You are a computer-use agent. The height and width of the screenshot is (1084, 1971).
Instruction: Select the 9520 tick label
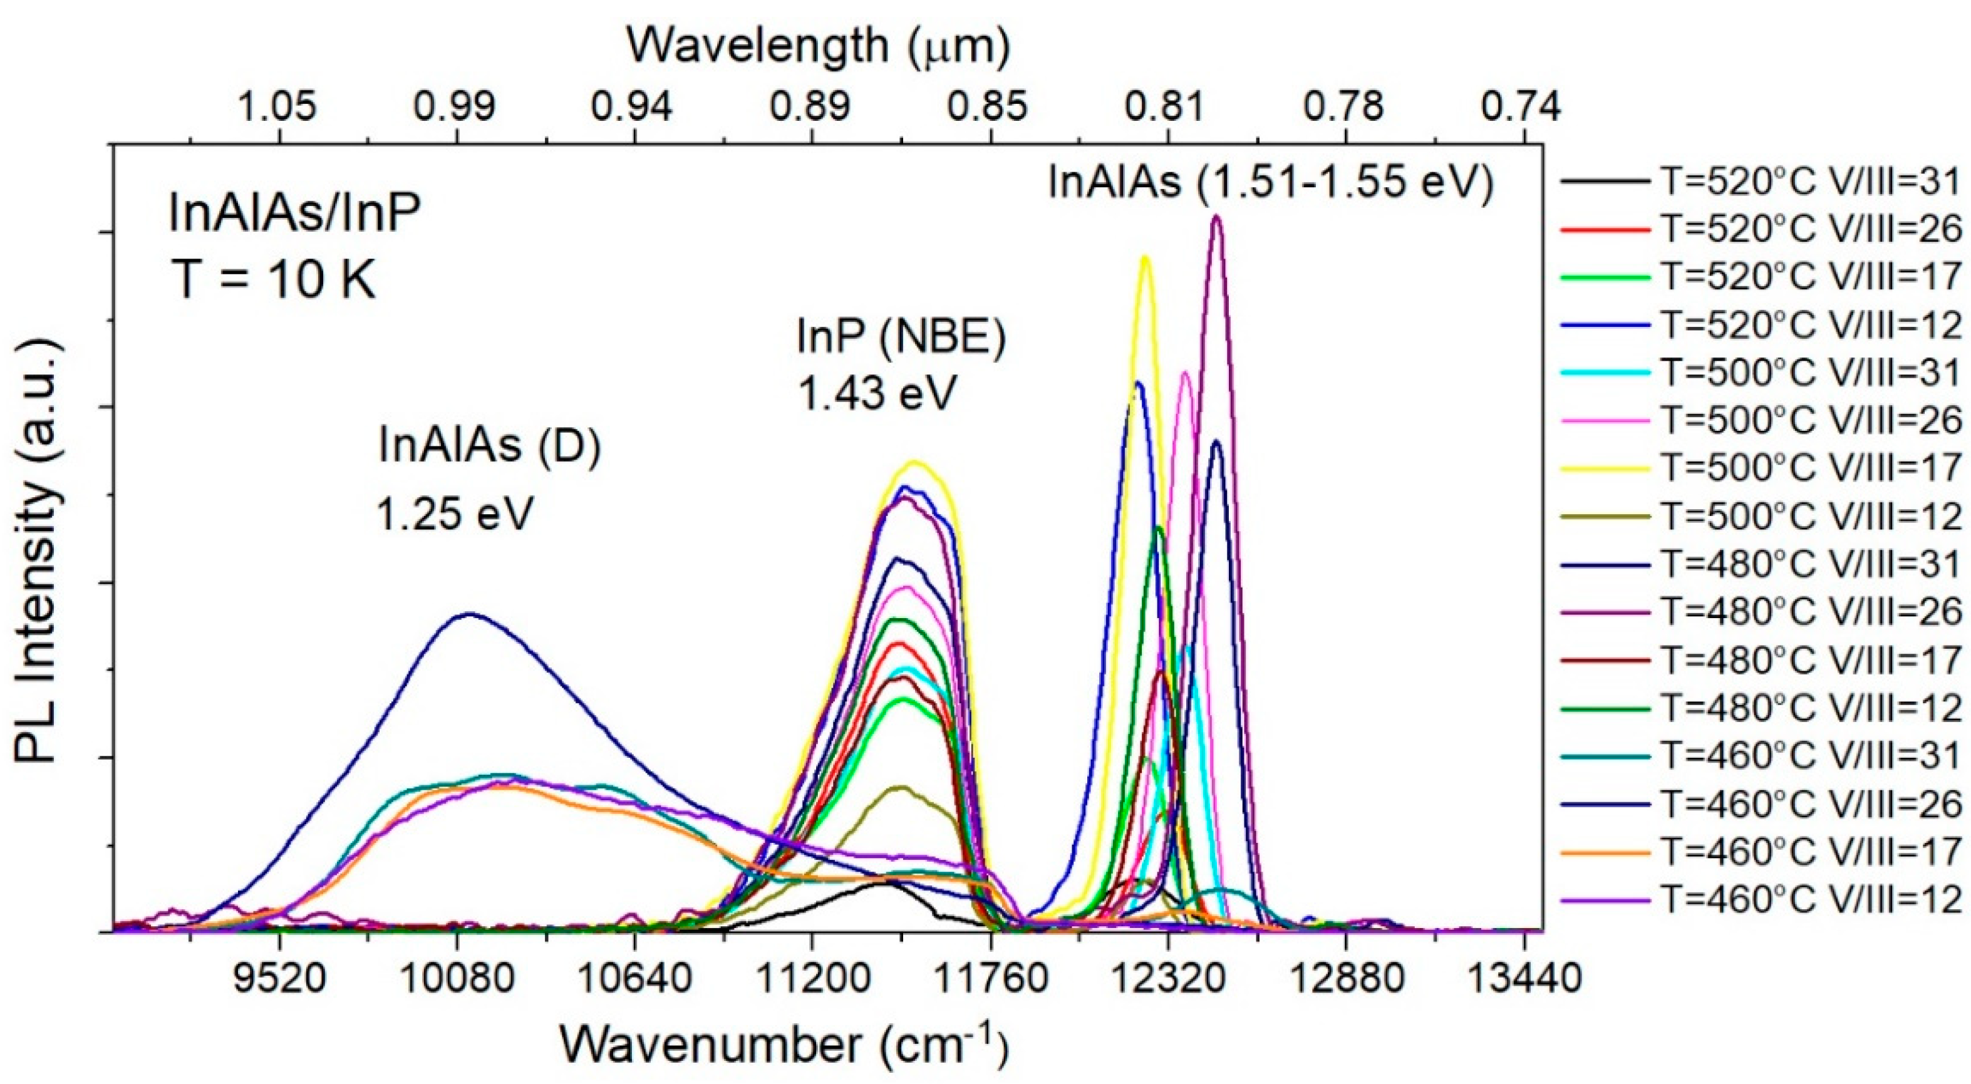coord(280,979)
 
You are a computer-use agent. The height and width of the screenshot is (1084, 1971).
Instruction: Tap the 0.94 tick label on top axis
coord(634,108)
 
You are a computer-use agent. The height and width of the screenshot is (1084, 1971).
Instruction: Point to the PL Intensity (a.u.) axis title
coord(37,551)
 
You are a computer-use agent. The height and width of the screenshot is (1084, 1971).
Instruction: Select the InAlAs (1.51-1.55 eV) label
coord(1271,183)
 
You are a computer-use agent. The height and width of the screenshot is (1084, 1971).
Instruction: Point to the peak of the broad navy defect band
coord(470,614)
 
